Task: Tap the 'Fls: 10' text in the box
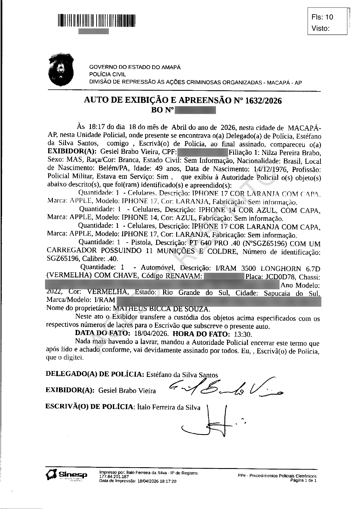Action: (x=322, y=17)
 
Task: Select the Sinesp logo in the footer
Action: (x=66, y=475)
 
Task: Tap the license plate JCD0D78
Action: (x=280, y=277)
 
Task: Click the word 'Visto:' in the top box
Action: (x=321, y=28)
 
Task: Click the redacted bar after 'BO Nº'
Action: (x=196, y=110)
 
